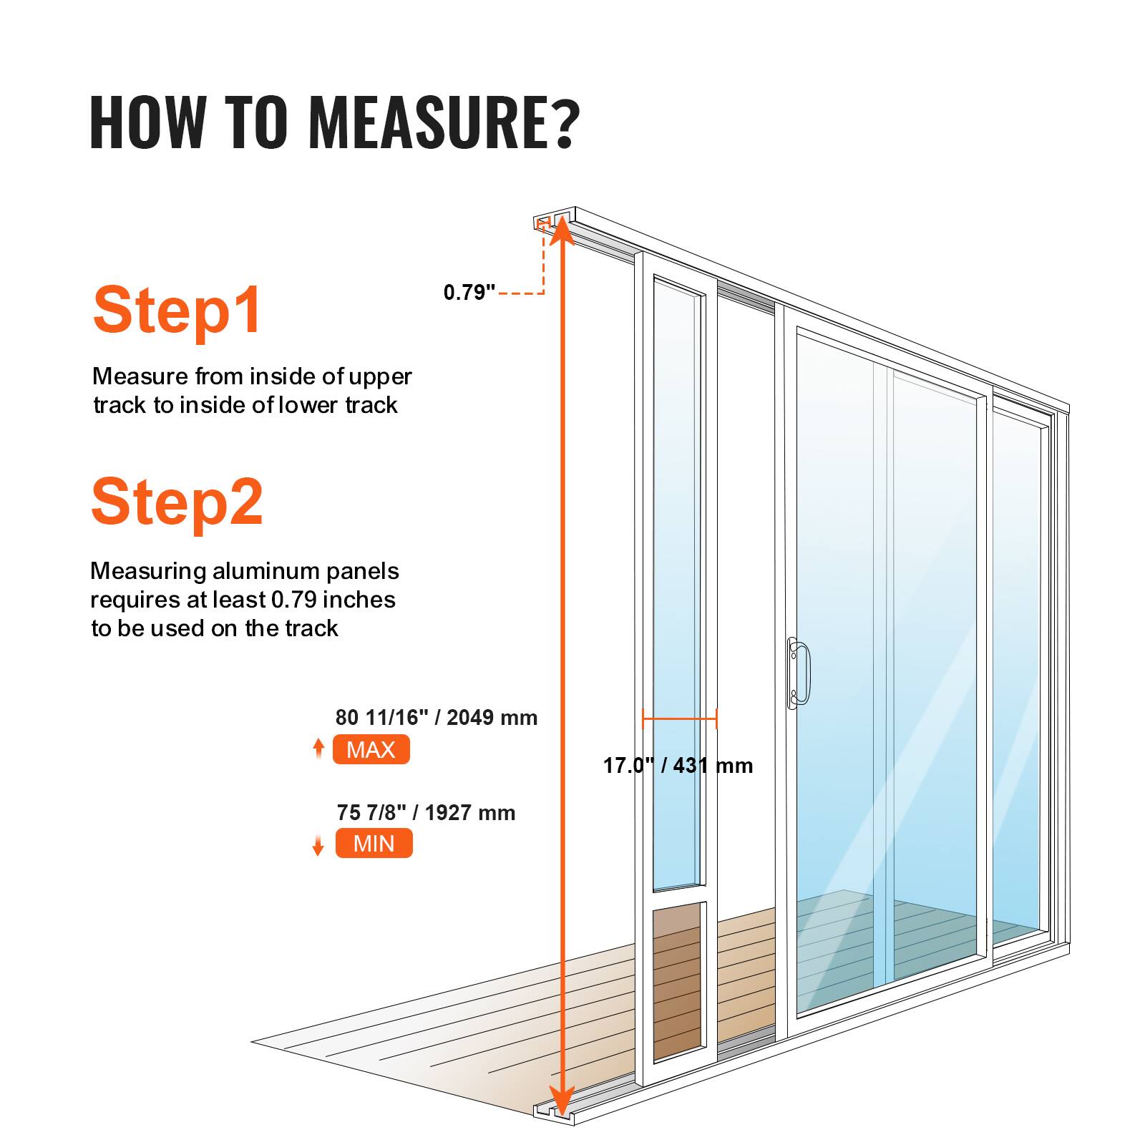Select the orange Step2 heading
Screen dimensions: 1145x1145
[x=177, y=502]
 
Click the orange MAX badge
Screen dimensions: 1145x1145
[x=371, y=749]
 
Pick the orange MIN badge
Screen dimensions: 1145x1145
[x=374, y=843]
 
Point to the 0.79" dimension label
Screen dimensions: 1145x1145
[x=469, y=292]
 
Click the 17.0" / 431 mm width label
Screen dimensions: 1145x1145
[x=677, y=766]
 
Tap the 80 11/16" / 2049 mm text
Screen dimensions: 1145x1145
[x=436, y=717]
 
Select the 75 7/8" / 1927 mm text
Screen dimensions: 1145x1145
[x=426, y=812]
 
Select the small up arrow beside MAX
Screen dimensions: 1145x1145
[x=318, y=749]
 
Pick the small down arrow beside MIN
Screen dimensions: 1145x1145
[x=318, y=845]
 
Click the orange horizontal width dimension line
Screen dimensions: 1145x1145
[x=679, y=718]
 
